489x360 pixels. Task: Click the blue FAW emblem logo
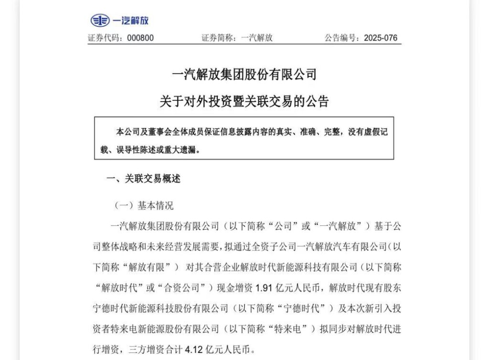[x=99, y=21]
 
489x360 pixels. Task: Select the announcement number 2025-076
[x=380, y=38]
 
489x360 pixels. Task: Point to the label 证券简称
[x=215, y=38]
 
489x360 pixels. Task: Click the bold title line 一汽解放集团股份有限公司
[x=244, y=74]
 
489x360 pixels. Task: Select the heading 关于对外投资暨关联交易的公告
[x=244, y=101]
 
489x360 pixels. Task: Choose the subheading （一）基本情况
[x=144, y=206]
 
